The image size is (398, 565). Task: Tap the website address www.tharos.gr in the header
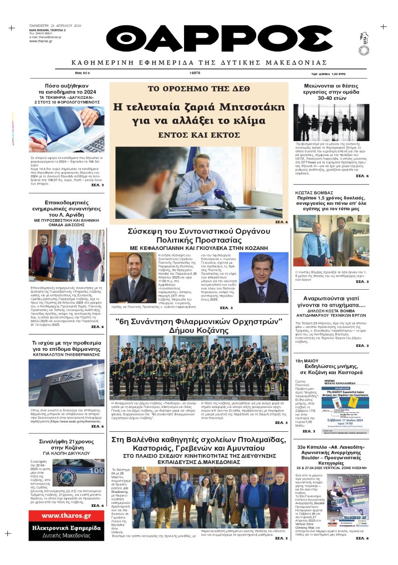[42, 41]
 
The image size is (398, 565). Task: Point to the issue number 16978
[195, 73]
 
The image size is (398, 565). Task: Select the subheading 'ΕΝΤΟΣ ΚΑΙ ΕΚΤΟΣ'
[199, 135]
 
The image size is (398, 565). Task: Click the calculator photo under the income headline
[67, 130]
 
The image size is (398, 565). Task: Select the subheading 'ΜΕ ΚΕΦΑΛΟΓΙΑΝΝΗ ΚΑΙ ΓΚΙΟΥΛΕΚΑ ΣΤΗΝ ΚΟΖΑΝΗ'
[199, 247]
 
